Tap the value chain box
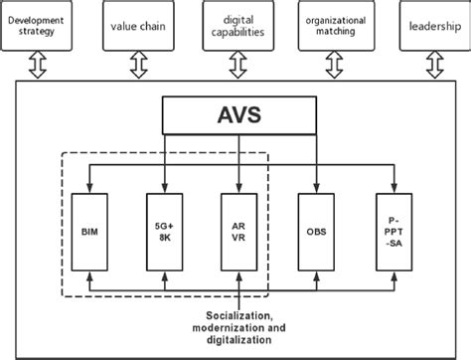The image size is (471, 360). coord(138,24)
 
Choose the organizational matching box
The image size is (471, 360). coord(335,24)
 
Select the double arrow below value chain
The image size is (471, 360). coord(138,65)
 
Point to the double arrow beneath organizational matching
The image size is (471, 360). coord(335,65)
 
